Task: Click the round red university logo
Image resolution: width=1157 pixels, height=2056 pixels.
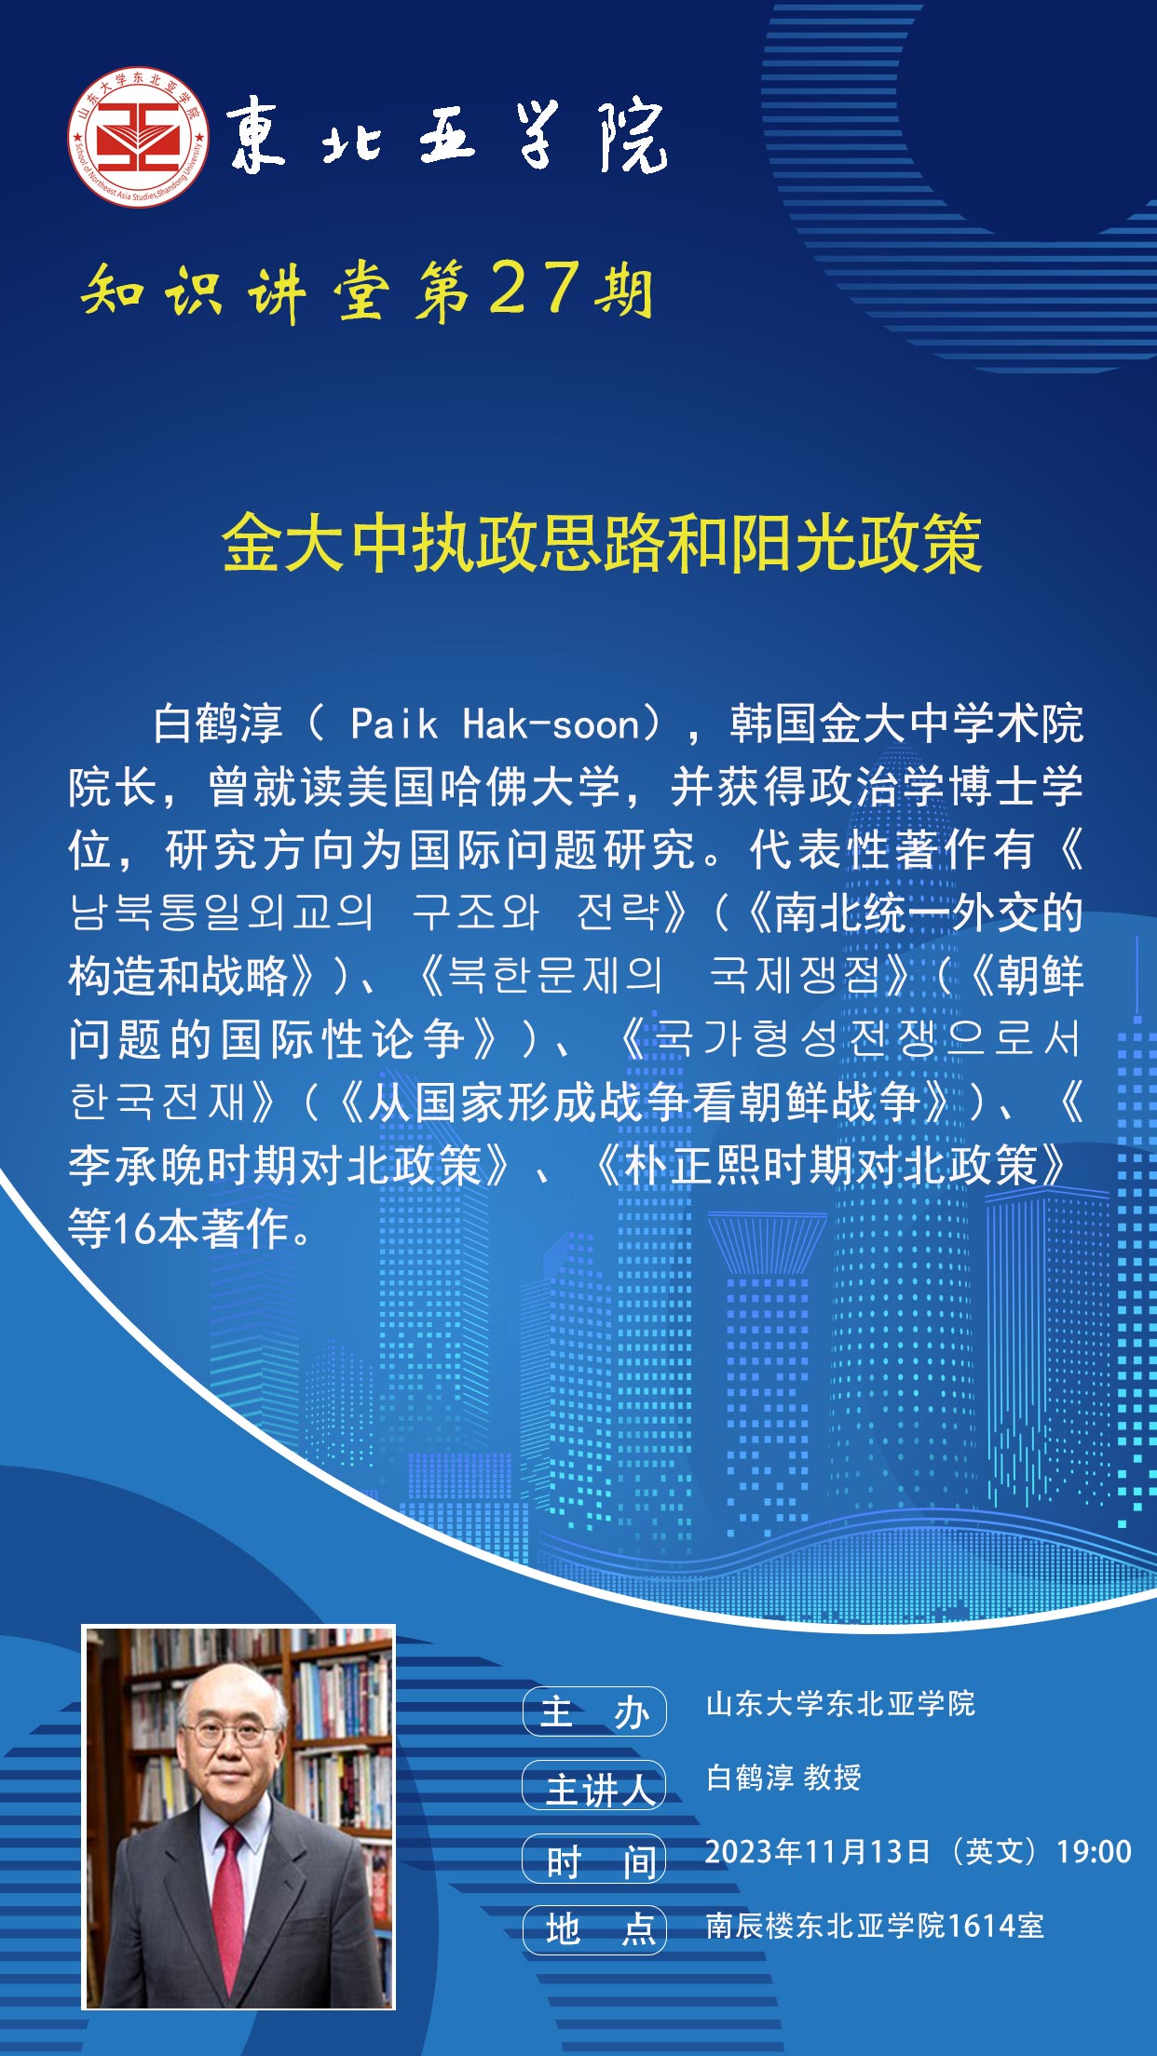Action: [138, 137]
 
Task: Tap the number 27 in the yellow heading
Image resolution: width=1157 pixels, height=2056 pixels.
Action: [535, 287]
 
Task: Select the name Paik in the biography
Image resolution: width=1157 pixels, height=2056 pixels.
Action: [394, 724]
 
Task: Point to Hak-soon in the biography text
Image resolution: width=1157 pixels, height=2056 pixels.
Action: [552, 724]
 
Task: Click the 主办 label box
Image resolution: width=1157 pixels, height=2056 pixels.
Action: [594, 1711]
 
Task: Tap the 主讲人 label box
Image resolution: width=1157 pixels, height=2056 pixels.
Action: [594, 1786]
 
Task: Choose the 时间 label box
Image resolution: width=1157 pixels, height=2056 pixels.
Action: [594, 1860]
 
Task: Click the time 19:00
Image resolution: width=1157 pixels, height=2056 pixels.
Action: [1094, 1852]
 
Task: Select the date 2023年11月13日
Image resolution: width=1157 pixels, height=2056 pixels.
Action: [818, 1852]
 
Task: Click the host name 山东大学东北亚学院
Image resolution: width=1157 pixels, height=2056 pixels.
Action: [840, 1704]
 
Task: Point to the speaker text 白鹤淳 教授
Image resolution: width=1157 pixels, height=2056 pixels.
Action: [783, 1778]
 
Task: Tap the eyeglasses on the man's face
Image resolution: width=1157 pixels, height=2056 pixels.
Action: [228, 1733]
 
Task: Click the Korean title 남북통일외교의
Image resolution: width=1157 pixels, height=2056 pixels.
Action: [222, 913]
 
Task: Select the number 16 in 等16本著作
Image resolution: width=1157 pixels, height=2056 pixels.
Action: [136, 1229]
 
